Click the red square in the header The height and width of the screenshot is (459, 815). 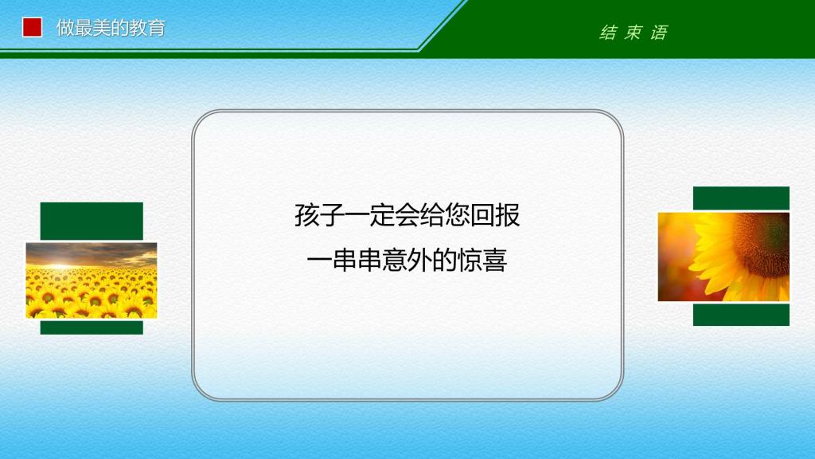tap(32, 28)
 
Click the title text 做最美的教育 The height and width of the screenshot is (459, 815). tap(111, 28)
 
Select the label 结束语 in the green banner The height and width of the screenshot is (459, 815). tap(634, 33)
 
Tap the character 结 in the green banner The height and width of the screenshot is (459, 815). tap(608, 33)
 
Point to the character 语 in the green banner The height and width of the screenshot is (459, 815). tap(659, 33)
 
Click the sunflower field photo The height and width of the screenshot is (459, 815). tap(92, 280)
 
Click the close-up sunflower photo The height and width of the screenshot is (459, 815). tap(723, 257)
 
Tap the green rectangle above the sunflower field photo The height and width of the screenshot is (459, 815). tap(92, 222)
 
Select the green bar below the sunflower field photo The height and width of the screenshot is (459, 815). tap(92, 328)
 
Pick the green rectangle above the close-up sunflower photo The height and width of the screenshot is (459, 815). tap(741, 198)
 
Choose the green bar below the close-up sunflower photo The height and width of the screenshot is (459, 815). tap(741, 316)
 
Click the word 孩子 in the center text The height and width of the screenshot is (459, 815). tap(319, 215)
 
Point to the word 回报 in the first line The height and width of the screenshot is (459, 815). tap(495, 215)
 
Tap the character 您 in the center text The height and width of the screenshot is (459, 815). tap(458, 215)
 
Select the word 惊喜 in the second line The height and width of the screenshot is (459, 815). tap(482, 260)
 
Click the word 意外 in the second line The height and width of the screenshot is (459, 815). tap(407, 260)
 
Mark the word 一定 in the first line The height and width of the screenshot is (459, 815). tap(369, 215)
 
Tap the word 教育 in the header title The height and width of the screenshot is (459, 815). tap(147, 28)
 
